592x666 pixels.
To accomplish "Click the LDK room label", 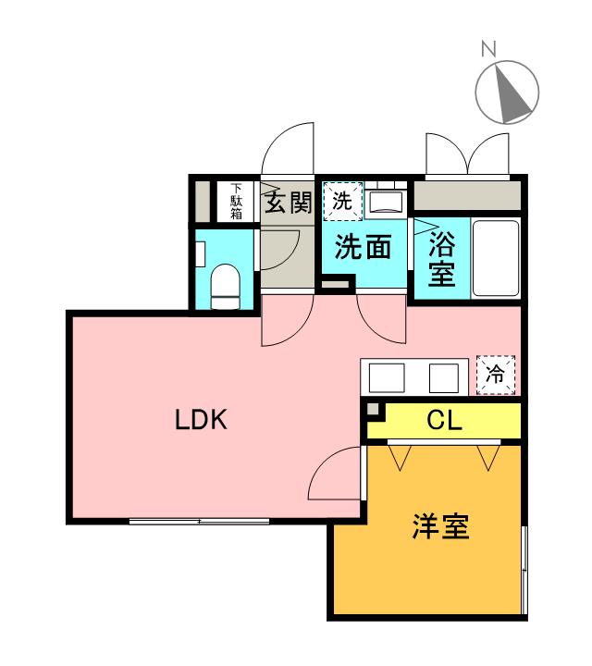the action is [202, 419].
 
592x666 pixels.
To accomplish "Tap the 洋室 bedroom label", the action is [441, 526].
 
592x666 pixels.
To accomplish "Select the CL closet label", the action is [444, 421].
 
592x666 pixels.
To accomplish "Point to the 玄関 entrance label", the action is [289, 203].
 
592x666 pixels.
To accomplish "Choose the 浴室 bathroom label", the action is [441, 259].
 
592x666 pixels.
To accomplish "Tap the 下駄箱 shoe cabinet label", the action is [236, 202].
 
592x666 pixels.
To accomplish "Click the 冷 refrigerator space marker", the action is [496, 375].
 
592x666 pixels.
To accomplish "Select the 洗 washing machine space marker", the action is [343, 202].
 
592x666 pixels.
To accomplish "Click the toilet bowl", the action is [226, 286].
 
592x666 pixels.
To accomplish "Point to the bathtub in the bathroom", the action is [496, 258].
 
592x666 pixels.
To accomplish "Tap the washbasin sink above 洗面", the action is [386, 202].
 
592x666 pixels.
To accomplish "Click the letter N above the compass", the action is [488, 49].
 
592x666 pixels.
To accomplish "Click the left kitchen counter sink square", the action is [387, 377].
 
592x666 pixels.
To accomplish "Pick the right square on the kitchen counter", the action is [444, 377].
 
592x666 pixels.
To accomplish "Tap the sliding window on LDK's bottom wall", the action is [199, 521].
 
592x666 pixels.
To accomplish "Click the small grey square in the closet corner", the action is [373, 409].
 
